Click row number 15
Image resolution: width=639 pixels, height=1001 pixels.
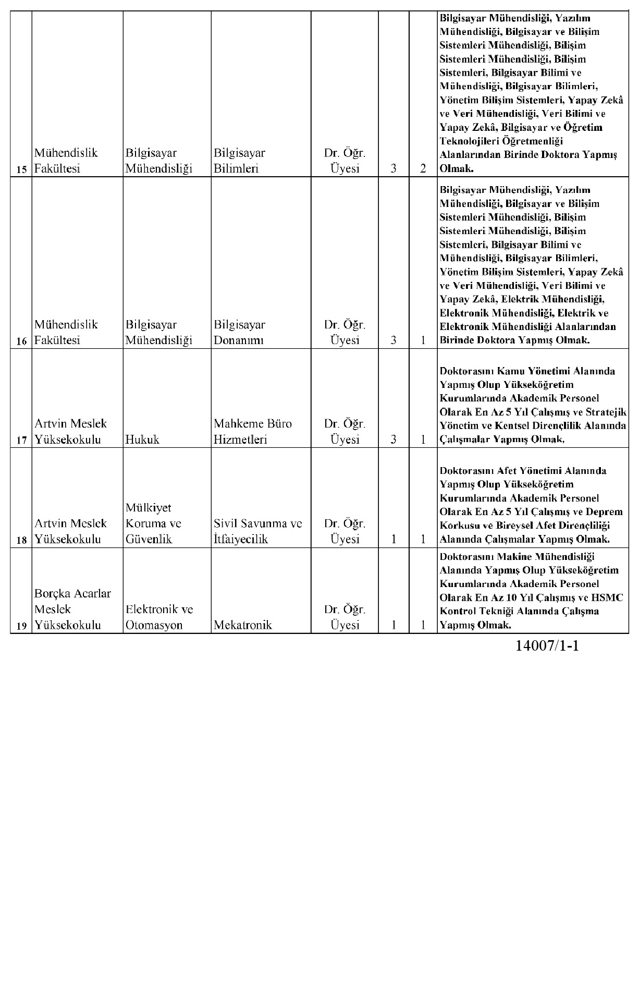pyautogui.click(x=21, y=169)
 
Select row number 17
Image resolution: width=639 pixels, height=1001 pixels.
pyautogui.click(x=21, y=440)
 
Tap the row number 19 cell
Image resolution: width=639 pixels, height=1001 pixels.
pyautogui.click(x=21, y=626)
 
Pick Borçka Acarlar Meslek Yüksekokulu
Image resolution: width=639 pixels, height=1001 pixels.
pyautogui.click(x=72, y=609)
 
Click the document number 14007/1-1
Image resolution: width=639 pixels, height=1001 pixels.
pyautogui.click(x=547, y=646)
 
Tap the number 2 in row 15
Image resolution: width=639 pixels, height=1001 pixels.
pyautogui.click(x=423, y=168)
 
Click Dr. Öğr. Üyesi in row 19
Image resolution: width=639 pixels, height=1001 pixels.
pyautogui.click(x=345, y=617)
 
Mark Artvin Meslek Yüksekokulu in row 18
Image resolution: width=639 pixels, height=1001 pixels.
pyautogui.click(x=70, y=531)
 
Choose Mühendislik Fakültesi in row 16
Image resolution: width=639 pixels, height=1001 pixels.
pyautogui.click(x=66, y=332)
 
